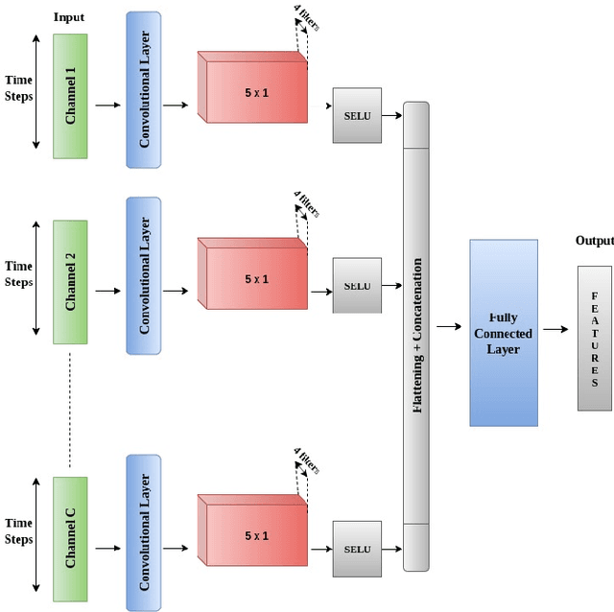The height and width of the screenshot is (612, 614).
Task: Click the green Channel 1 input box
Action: [70, 96]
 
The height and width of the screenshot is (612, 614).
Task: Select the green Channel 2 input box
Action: [70, 282]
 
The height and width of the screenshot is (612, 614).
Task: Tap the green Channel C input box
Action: [70, 538]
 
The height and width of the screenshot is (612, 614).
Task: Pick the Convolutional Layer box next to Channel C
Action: [144, 533]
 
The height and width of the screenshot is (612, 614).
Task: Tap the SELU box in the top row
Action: [357, 116]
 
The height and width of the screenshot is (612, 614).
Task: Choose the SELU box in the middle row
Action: [357, 285]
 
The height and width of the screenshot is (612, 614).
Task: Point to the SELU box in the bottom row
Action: [357, 549]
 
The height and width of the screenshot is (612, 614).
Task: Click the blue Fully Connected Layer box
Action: [504, 332]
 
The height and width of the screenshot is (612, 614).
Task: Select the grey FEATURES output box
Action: [594, 339]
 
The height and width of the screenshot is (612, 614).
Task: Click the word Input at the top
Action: [68, 17]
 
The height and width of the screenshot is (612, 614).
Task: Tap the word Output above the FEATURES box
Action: [593, 241]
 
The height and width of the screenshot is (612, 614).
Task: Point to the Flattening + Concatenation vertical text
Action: [416, 336]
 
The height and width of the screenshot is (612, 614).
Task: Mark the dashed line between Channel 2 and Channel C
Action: [70, 408]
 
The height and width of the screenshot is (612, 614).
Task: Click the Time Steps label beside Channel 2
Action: [19, 274]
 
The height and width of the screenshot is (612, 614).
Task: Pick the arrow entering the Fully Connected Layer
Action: [449, 327]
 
